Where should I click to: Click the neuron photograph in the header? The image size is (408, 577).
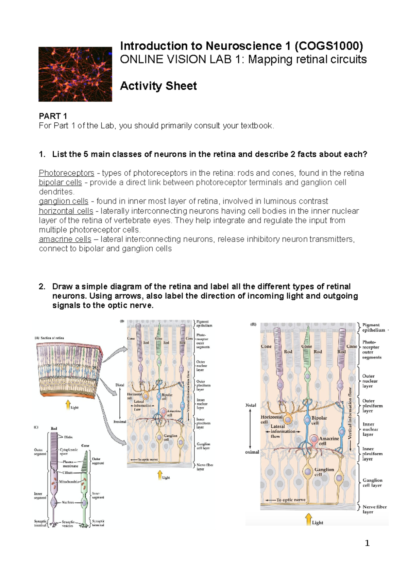coord(75,74)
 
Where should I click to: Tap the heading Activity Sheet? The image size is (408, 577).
coord(158,86)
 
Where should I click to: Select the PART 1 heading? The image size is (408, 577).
coord(53,116)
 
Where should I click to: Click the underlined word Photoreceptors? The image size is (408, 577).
coord(66,173)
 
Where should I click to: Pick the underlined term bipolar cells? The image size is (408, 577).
coord(60,182)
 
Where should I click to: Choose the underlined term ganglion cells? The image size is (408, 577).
coord(63,201)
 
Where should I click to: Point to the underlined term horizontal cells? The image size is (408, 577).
coord(66,211)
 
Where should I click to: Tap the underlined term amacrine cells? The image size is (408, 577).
coord(65,239)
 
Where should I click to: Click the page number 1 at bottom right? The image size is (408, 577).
coord(367,543)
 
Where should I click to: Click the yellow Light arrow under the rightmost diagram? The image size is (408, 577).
coord(308,519)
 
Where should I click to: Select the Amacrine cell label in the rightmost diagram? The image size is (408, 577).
coord(328,441)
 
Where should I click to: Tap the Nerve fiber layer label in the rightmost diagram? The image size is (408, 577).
coord(374,509)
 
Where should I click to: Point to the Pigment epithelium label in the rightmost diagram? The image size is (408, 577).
coord(373,328)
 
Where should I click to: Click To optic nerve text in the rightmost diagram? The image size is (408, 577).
coord(291,500)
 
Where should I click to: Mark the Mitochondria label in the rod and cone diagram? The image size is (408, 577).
coord(69,482)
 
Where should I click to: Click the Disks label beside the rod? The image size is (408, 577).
coord(68,437)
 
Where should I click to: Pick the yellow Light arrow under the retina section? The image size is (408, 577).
coord(68,404)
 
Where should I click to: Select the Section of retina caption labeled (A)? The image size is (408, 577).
coord(49,338)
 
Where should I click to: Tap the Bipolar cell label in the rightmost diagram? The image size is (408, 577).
coord(319,420)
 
